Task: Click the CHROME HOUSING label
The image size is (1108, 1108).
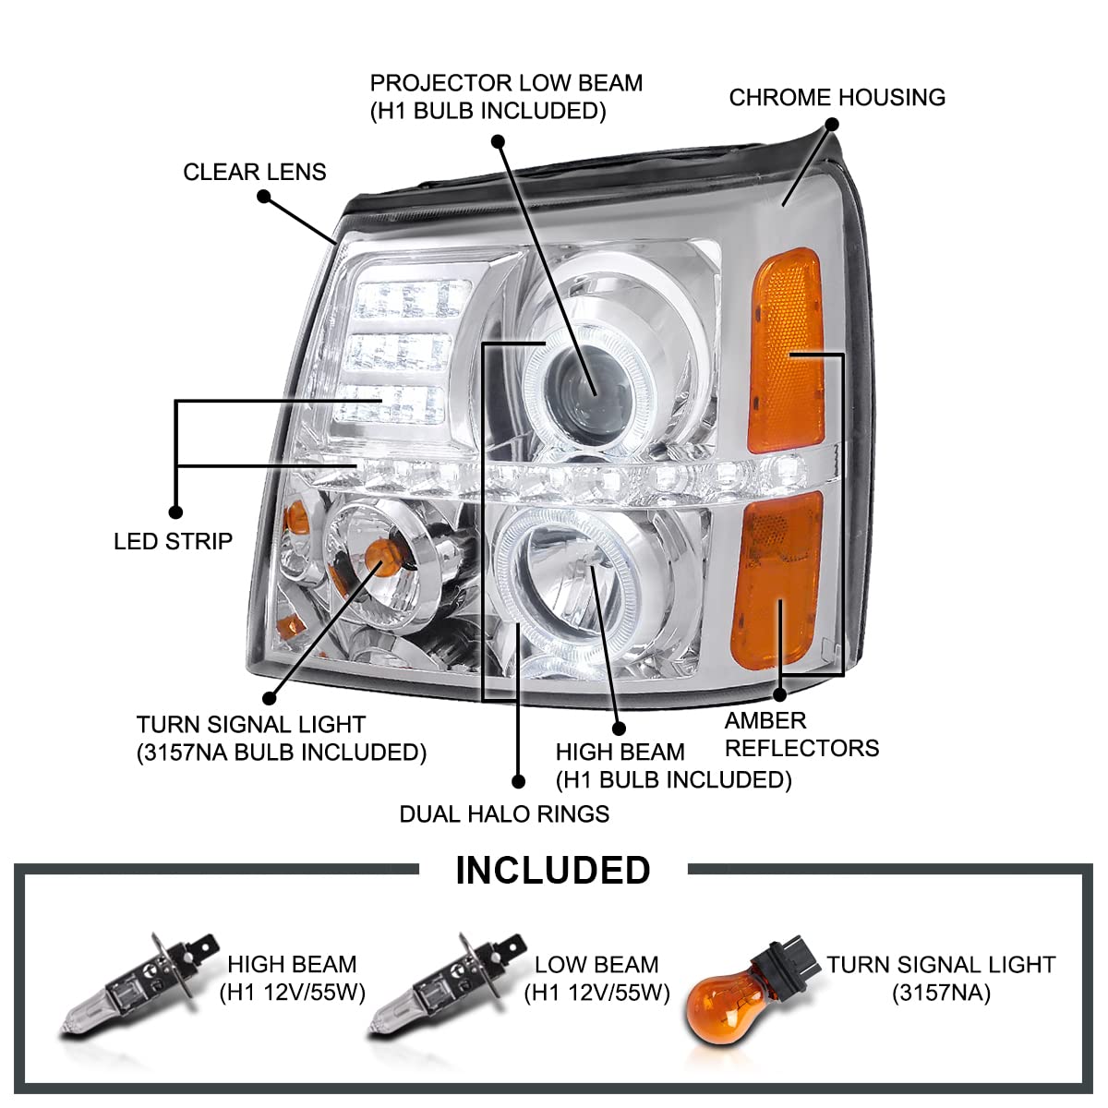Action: click(837, 98)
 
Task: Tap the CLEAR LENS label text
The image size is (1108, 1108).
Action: click(254, 173)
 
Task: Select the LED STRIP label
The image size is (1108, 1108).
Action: click(173, 541)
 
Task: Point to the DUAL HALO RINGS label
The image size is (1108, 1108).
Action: click(504, 813)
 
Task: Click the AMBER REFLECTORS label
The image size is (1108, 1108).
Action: click(801, 734)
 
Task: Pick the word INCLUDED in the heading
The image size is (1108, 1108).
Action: click(552, 871)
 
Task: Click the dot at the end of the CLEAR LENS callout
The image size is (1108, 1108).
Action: click(264, 196)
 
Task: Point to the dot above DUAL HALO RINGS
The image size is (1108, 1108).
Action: click(518, 781)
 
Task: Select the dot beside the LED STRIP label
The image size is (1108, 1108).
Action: click(175, 512)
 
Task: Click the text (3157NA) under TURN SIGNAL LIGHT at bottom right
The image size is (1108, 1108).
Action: click(940, 994)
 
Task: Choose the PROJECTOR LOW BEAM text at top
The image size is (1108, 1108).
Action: click(506, 83)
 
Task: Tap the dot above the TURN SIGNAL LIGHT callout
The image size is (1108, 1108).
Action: click(270, 699)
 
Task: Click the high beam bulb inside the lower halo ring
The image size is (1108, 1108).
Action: click(580, 565)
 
